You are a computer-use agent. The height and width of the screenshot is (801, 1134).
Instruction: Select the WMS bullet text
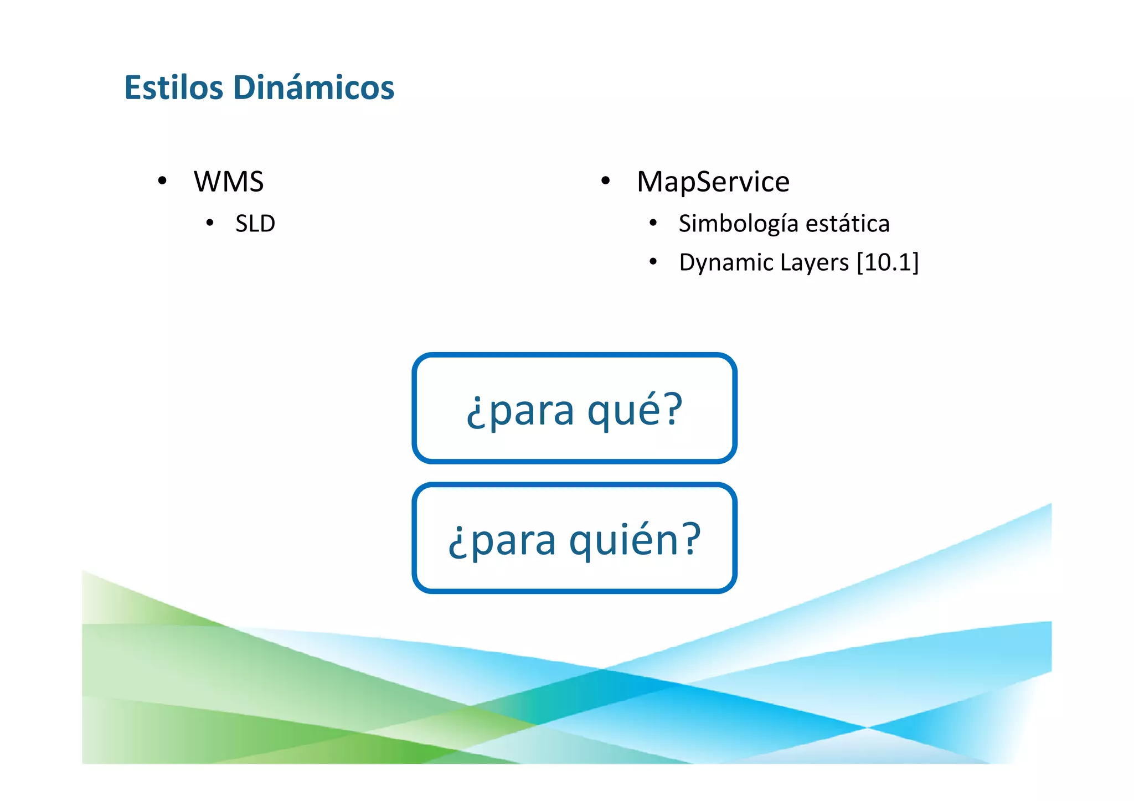click(x=229, y=182)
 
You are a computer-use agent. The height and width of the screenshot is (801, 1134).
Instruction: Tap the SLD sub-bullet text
click(x=255, y=224)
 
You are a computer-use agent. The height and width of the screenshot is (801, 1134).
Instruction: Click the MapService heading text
click(x=713, y=182)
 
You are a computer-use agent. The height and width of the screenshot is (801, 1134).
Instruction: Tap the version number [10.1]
click(x=888, y=262)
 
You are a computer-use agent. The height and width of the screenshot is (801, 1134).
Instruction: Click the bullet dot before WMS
click(x=162, y=180)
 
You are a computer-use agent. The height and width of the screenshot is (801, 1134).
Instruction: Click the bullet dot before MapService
click(x=605, y=180)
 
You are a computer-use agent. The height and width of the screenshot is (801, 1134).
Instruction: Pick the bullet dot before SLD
click(x=209, y=223)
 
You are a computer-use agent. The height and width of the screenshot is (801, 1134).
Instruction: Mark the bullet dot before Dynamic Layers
click(x=653, y=261)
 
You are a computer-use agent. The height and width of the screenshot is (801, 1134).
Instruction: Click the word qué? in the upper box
click(x=635, y=410)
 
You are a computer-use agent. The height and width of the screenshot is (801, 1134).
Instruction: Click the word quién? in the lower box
click(x=635, y=540)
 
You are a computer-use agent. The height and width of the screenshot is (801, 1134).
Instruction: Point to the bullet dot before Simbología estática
click(x=653, y=223)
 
